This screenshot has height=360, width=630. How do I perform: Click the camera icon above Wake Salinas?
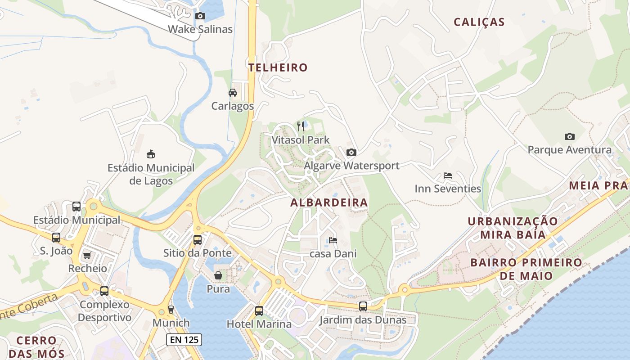[x=200, y=16]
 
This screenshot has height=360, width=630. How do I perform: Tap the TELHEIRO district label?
[x=278, y=67]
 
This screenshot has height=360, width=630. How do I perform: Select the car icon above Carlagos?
[x=233, y=93]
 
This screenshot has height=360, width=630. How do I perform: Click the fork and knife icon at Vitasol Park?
[x=301, y=126]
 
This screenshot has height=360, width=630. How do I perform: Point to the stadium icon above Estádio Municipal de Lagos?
[x=151, y=154]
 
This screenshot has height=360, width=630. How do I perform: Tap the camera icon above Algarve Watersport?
[x=351, y=152]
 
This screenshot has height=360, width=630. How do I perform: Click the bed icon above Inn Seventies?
[x=448, y=175]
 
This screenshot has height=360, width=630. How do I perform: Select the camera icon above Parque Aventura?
[x=569, y=136]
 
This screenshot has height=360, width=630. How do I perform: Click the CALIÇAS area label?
[x=479, y=22]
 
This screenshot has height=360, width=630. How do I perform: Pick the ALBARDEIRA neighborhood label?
[x=329, y=202]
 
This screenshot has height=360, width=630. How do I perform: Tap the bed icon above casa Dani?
[x=333, y=240]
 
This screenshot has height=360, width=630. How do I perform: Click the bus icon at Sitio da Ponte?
[x=198, y=239]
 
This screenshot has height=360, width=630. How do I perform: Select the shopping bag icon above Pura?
[x=218, y=275]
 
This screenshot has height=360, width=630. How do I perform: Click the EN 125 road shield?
[x=184, y=340]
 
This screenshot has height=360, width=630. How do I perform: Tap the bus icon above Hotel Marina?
[x=259, y=310]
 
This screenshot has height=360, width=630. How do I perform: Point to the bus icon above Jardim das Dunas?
[x=363, y=306]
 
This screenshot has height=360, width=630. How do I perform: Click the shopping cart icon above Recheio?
[x=87, y=255]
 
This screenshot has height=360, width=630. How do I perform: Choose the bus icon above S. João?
[x=56, y=237]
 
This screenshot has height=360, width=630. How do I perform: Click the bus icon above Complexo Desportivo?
[x=104, y=291]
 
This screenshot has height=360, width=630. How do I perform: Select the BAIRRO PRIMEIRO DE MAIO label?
[x=526, y=269]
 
